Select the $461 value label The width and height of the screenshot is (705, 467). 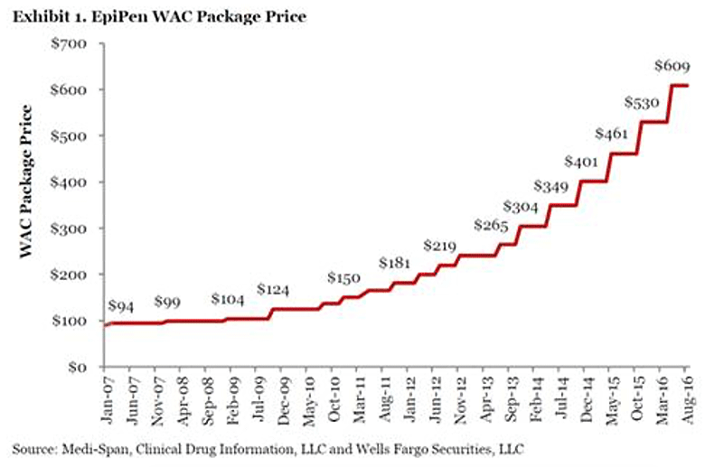[613, 134]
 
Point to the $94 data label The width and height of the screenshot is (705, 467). [122, 305]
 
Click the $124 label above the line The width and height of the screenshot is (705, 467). [274, 289]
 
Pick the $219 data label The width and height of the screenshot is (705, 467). [441, 246]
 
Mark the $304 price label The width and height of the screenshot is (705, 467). [520, 207]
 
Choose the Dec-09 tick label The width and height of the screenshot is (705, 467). [284, 397]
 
